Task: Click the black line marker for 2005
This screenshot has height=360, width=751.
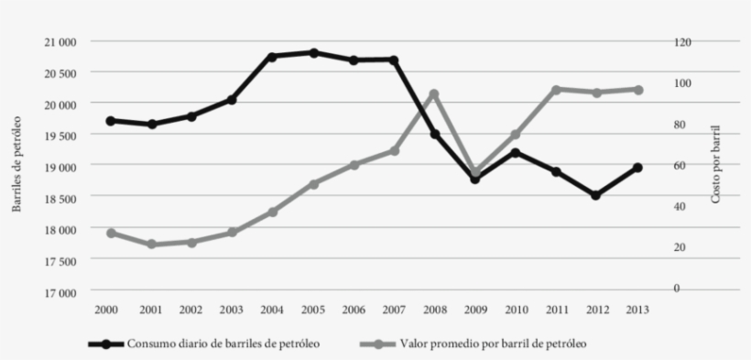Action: tap(313, 53)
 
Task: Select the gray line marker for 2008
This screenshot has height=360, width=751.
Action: tap(434, 94)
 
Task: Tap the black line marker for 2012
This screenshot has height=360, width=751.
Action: tap(595, 195)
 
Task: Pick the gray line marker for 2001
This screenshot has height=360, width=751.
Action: tap(151, 245)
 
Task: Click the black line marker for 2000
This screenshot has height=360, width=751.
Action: tap(111, 121)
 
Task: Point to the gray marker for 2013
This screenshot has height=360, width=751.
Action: tap(637, 90)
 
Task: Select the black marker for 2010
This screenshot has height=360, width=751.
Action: tap(515, 152)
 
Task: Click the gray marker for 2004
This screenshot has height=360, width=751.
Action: tap(272, 212)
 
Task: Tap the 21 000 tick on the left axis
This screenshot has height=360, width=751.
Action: tap(58, 41)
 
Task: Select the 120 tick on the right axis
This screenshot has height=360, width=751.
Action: tap(684, 41)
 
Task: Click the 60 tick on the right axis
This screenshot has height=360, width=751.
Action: tap(681, 165)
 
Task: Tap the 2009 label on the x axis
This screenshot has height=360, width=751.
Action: tap(474, 310)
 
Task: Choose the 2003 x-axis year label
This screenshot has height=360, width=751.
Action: tap(232, 310)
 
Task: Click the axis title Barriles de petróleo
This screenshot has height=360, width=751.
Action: tap(16, 165)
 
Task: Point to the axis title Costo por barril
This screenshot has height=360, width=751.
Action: tap(716, 165)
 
